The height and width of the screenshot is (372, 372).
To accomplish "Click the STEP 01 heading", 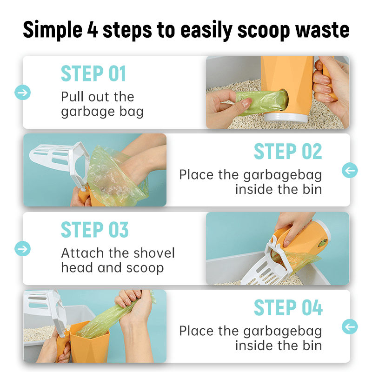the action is pyautogui.click(x=93, y=73).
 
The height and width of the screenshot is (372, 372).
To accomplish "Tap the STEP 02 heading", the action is pyautogui.click(x=288, y=152).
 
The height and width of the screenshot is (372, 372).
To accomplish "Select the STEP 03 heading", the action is pyautogui.click(x=95, y=230).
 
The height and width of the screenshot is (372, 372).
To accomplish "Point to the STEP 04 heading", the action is pyautogui.click(x=288, y=307).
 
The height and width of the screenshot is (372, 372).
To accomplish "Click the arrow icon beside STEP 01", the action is pyautogui.click(x=22, y=92).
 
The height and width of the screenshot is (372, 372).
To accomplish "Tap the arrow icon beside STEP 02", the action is pyautogui.click(x=350, y=170).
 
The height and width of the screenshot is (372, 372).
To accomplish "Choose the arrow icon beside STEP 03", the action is pyautogui.click(x=22, y=249).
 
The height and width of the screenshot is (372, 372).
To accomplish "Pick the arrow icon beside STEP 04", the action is pyautogui.click(x=350, y=326).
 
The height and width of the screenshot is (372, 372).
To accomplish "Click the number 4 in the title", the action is pyautogui.click(x=93, y=30).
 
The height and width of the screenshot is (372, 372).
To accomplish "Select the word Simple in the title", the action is pyautogui.click(x=53, y=30).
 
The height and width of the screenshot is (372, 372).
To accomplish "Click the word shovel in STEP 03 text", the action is pyautogui.click(x=154, y=253).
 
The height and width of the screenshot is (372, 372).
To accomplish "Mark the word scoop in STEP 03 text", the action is pyautogui.click(x=145, y=268).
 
